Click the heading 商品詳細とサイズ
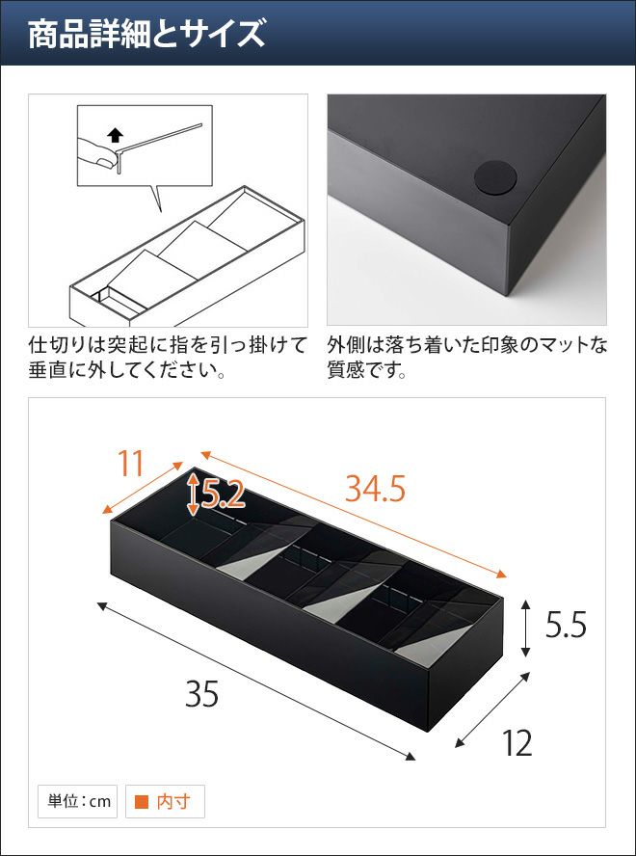tap(146, 35)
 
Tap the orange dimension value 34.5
tap(375, 490)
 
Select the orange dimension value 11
tap(130, 464)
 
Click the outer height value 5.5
tap(566, 625)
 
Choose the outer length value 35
tap(201, 694)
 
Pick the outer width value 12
tap(517, 743)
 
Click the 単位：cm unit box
tap(77, 801)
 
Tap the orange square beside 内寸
tap(142, 801)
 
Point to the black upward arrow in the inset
tap(117, 135)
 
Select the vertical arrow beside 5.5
tap(525, 628)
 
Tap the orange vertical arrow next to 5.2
tap(193, 495)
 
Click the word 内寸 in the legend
tap(173, 801)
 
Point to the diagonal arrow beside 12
tap(492, 709)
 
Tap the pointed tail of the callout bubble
tap(161, 211)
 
